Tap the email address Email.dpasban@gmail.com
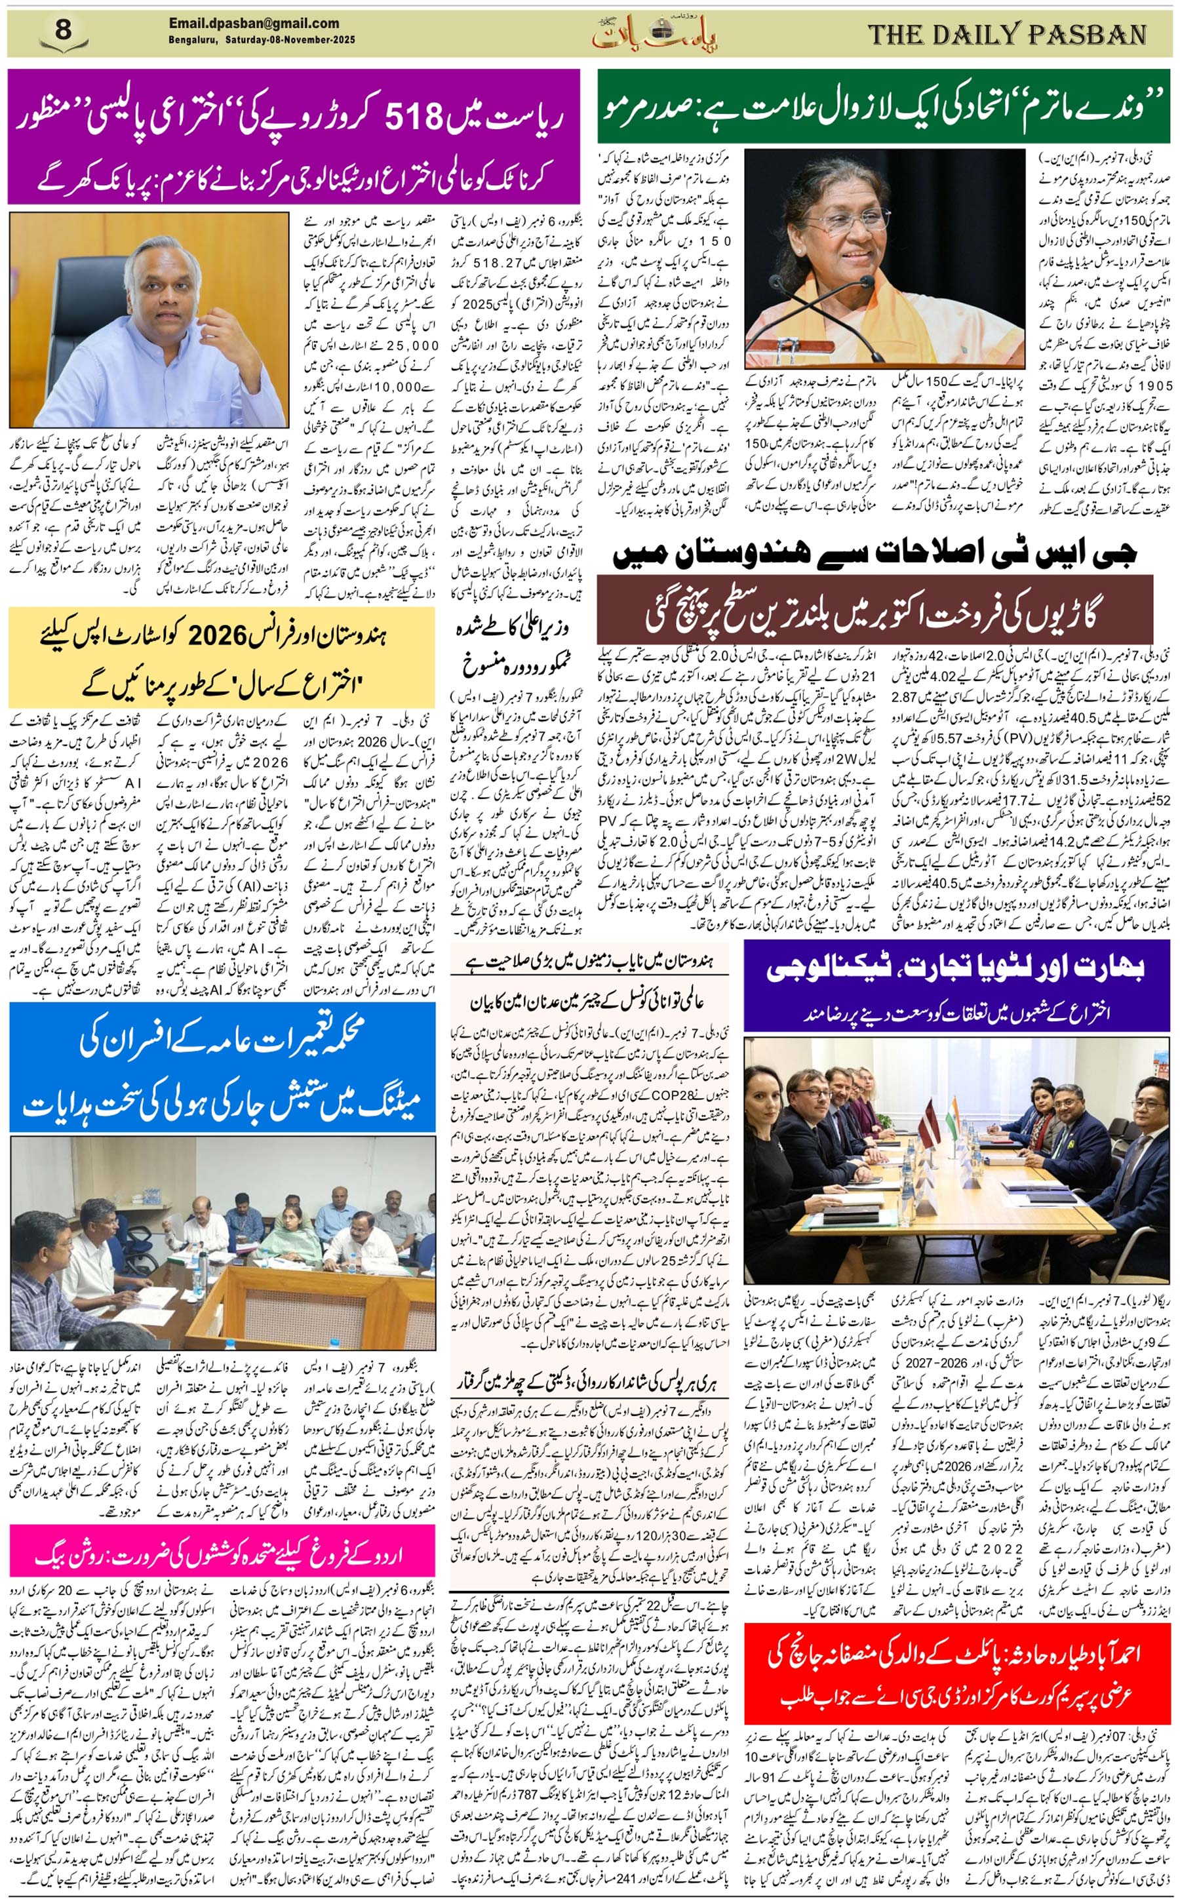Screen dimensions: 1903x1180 (254, 24)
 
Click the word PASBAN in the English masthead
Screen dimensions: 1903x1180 (1088, 34)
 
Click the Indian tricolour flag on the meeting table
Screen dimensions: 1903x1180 (954, 1120)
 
